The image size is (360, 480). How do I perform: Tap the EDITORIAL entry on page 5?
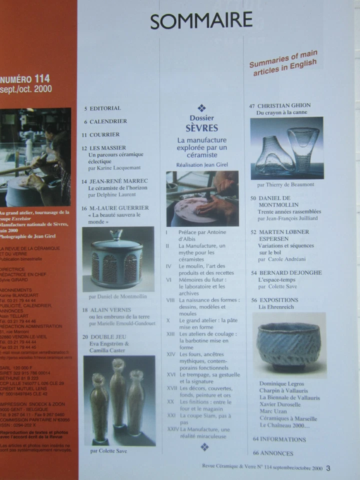(x=105, y=108)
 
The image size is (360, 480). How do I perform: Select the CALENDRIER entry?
(x=108, y=121)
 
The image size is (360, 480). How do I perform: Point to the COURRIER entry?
(x=104, y=134)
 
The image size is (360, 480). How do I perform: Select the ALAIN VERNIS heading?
(x=115, y=310)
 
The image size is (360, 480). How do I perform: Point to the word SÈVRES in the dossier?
(x=201, y=128)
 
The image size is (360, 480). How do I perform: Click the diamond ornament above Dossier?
(x=201, y=107)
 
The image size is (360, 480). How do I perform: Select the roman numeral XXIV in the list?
(x=172, y=428)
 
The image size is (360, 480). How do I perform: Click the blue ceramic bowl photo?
(x=288, y=345)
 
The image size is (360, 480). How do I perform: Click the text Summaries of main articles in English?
(x=283, y=64)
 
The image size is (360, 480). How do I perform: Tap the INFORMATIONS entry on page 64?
(x=282, y=439)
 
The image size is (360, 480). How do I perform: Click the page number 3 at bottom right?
(x=328, y=468)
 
